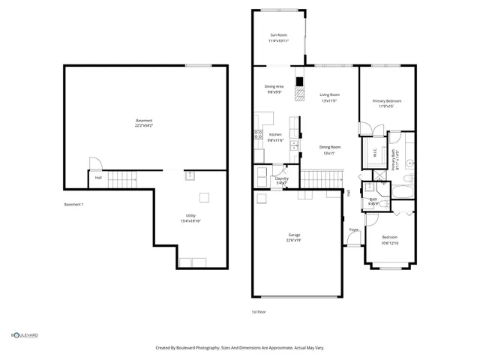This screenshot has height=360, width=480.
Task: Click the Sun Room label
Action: (x=279, y=34)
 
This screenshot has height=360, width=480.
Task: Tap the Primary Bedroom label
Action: (x=387, y=100)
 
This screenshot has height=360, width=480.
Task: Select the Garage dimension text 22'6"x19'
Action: (x=294, y=241)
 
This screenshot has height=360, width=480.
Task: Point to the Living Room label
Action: (x=330, y=94)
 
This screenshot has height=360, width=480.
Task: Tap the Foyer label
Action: (x=353, y=229)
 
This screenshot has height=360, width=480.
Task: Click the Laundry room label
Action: (x=281, y=178)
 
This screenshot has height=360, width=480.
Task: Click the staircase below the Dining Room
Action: (x=321, y=179)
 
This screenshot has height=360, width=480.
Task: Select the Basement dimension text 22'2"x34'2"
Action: (x=144, y=125)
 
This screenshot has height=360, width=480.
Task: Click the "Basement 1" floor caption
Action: (x=73, y=205)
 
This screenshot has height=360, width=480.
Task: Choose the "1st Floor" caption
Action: (x=258, y=311)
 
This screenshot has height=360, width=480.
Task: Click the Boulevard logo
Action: (x=24, y=335)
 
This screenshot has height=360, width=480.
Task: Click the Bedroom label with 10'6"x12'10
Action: (x=389, y=237)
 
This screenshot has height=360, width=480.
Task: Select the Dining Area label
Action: (x=274, y=86)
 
